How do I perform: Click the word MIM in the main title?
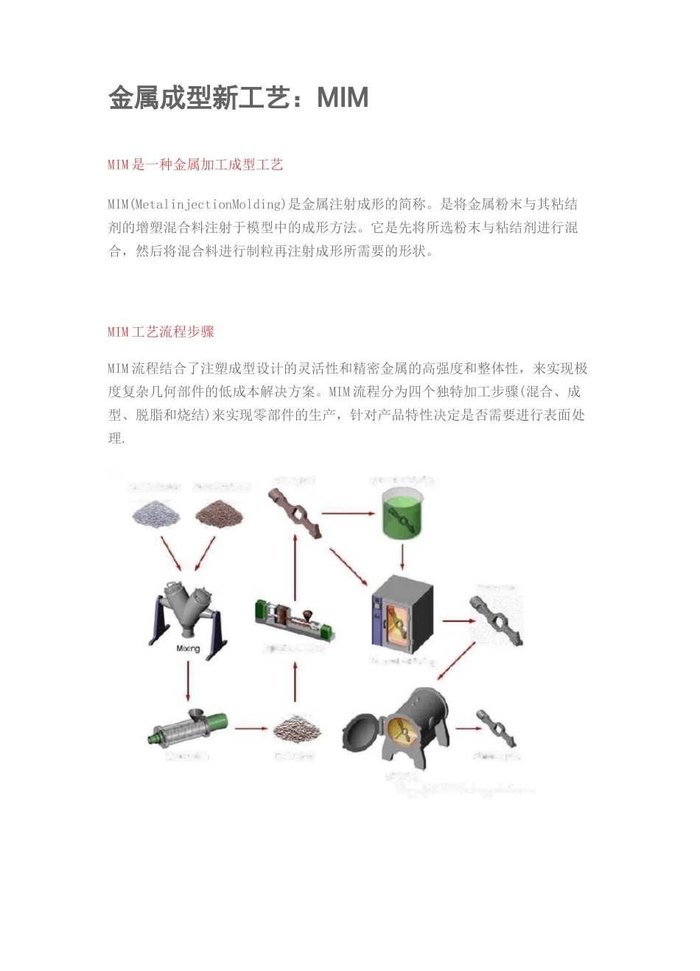point(343,98)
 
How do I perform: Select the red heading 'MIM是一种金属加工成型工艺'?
point(195,164)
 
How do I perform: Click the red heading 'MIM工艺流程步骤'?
point(161,332)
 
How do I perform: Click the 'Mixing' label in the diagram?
point(188,648)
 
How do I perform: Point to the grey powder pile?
point(155,513)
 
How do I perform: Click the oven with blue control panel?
point(401,617)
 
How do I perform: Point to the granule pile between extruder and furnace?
point(296,729)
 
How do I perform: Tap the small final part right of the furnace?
point(494,729)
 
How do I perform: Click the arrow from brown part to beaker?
point(349,513)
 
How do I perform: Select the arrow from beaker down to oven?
point(402,556)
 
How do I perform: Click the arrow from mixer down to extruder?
point(188,681)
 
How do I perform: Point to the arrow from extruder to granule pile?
point(251,729)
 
